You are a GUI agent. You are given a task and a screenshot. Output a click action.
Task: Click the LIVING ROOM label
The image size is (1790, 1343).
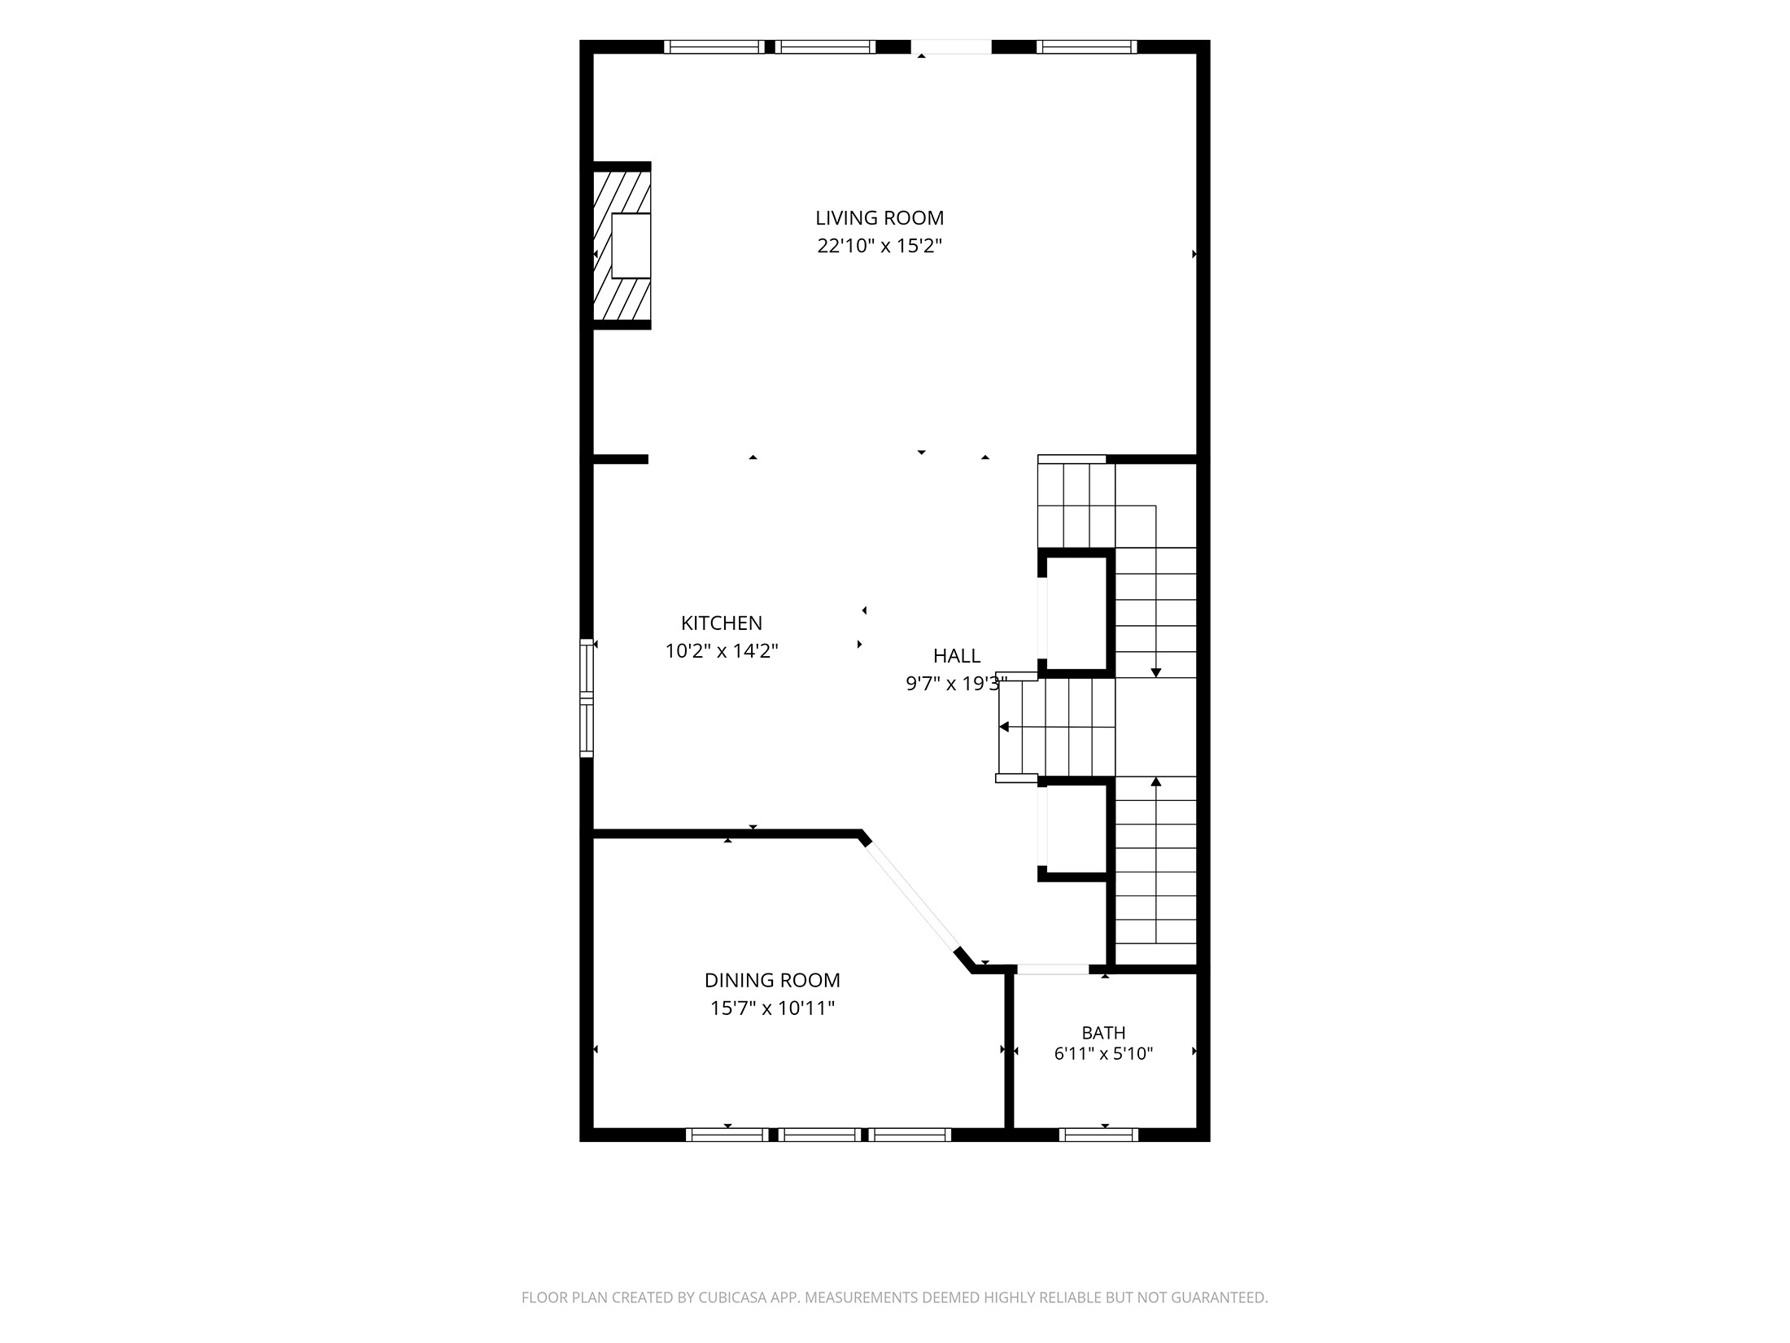tap(880, 218)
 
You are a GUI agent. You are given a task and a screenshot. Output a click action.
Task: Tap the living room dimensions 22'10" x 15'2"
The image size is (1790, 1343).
tap(880, 246)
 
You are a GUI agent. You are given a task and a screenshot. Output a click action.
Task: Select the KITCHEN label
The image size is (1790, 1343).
tap(722, 623)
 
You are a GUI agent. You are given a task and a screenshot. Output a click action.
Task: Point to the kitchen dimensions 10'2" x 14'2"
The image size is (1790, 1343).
tap(722, 651)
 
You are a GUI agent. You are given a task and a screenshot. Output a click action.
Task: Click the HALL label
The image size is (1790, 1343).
tap(957, 656)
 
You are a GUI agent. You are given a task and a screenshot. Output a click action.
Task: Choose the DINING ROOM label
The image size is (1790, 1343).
tap(772, 981)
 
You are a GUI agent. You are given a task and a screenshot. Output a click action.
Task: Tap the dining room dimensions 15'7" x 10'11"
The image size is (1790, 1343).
tap(772, 1008)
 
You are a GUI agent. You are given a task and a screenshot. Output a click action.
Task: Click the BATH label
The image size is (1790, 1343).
tap(1103, 1033)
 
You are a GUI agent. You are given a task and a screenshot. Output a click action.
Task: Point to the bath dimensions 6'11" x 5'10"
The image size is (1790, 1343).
tap(1103, 1054)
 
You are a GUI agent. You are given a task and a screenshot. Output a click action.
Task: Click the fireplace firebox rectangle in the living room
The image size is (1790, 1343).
tap(631, 246)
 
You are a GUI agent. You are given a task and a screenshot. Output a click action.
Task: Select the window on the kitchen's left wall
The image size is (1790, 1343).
tap(587, 698)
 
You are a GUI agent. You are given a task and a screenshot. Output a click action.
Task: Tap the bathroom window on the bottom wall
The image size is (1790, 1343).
tap(1098, 1135)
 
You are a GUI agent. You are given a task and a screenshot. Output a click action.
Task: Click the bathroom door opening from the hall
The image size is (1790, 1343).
tap(1053, 969)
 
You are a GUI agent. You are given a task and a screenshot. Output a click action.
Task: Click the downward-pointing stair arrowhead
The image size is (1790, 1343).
tap(1156, 672)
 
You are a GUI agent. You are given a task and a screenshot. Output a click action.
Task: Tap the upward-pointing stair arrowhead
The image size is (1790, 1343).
tap(1156, 782)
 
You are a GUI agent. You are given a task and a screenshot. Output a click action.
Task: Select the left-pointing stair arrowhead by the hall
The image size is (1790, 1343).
tap(1004, 727)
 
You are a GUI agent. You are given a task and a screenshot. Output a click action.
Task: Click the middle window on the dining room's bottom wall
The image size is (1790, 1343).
tap(819, 1135)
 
